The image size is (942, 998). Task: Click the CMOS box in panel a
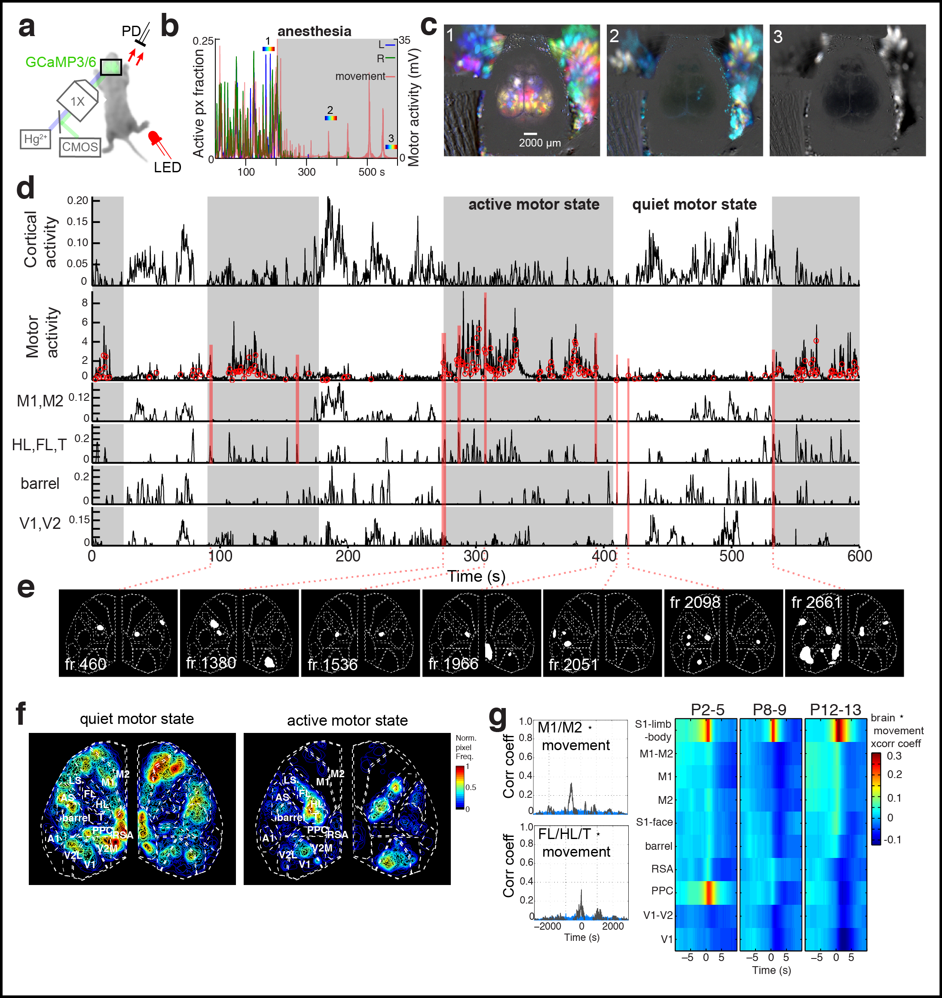(80, 147)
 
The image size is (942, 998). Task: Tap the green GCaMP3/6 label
(60, 62)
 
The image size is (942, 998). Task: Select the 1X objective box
(78, 101)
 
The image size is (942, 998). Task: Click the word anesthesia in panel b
(314, 31)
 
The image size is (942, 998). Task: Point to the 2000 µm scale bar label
(539, 143)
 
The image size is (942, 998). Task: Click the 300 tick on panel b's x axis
(306, 172)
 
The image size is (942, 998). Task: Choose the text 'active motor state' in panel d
(533, 204)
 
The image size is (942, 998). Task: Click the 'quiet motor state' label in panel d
(694, 204)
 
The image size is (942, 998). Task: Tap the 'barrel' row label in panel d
(40, 483)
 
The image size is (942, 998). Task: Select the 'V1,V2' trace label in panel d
(40, 524)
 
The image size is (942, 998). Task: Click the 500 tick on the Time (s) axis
(731, 556)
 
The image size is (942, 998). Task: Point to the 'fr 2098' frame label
(694, 602)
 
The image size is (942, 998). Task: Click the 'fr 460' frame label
(86, 664)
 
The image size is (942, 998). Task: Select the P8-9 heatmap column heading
(769, 710)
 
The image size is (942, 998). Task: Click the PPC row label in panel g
(662, 891)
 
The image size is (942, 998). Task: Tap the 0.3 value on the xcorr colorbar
(894, 756)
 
